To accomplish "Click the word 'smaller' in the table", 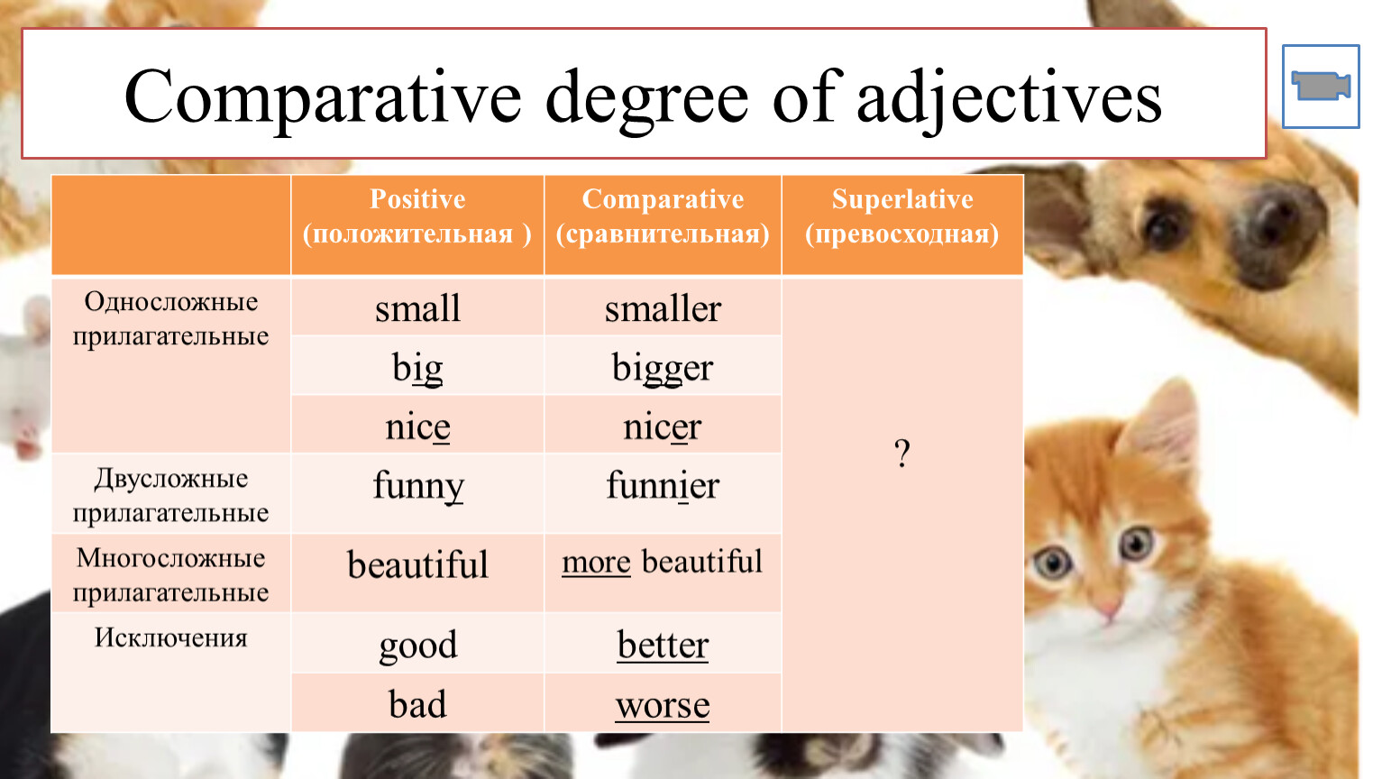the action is [x=663, y=308].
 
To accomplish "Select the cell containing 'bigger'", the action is [x=663, y=365].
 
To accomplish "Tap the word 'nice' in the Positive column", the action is [x=417, y=426].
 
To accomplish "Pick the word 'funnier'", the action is [x=663, y=485].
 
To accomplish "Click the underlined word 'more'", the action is [x=596, y=563].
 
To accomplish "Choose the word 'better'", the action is [x=663, y=645].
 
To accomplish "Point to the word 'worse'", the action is [x=663, y=706].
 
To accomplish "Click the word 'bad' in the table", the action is [x=417, y=704].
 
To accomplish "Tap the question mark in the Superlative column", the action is [x=902, y=454].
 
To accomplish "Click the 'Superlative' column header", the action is [x=902, y=216].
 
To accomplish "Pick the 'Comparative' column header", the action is [x=663, y=216].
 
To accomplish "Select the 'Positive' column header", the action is [x=417, y=216].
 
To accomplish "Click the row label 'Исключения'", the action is [x=170, y=637].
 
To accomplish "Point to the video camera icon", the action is [x=1321, y=86].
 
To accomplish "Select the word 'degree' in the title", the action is [x=646, y=101].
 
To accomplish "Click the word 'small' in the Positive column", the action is [x=417, y=308].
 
